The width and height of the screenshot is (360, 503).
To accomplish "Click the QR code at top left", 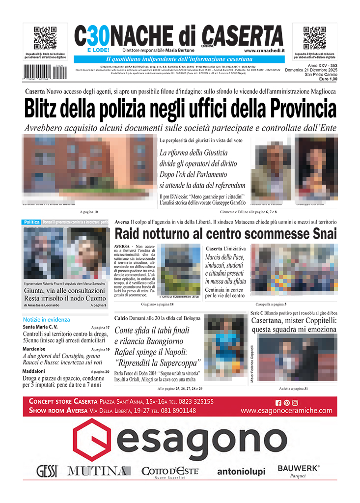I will (45, 38).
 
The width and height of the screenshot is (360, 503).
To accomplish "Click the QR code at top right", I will (315, 38).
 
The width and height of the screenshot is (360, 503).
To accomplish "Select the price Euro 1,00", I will (328, 79).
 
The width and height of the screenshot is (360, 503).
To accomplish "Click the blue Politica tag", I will (32, 223).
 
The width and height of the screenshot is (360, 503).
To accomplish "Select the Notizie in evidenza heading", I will (46, 319).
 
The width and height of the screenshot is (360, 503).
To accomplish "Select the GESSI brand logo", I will (47, 472).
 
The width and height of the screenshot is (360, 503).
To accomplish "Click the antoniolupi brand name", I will (241, 472).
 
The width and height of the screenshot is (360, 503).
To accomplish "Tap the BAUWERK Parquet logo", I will (298, 470).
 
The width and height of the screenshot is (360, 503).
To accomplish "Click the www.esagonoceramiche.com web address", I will (286, 411).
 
